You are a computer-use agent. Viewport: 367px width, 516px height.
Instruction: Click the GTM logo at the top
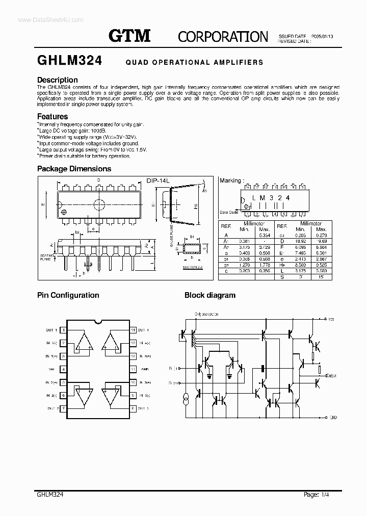click(x=129, y=35)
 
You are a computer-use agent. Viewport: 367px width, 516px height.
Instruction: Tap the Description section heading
click(x=58, y=80)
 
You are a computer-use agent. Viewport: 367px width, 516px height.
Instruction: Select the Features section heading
click(x=53, y=117)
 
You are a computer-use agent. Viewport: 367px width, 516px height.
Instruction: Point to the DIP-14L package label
click(x=158, y=180)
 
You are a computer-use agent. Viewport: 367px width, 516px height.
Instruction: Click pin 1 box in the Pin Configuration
click(x=63, y=330)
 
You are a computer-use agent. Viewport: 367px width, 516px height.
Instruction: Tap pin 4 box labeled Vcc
click(x=63, y=369)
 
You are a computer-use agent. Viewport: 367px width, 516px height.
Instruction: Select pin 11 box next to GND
click(x=133, y=369)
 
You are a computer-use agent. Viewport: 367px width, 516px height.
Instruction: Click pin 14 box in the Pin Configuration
click(x=133, y=330)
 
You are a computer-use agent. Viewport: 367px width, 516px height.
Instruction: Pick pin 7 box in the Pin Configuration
click(x=63, y=408)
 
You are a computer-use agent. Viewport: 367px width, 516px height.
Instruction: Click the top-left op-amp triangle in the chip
click(x=84, y=343)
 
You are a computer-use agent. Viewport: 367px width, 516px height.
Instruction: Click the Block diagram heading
click(x=209, y=295)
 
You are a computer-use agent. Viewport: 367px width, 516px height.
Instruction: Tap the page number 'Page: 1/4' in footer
click(x=318, y=495)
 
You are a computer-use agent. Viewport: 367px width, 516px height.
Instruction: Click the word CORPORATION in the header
click(x=223, y=37)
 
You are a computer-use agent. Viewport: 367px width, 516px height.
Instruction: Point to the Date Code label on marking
click(x=229, y=212)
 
